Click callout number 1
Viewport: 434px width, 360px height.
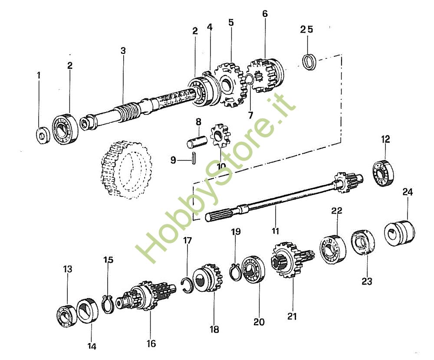point(39,75)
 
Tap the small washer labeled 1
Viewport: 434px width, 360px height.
point(41,135)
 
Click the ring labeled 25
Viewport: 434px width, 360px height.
point(309,62)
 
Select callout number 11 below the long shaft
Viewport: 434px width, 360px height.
point(276,231)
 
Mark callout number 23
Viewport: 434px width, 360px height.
point(367,281)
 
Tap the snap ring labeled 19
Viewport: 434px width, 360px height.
point(235,272)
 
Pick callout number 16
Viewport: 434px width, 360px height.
point(151,344)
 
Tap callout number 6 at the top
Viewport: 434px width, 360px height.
point(265,14)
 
